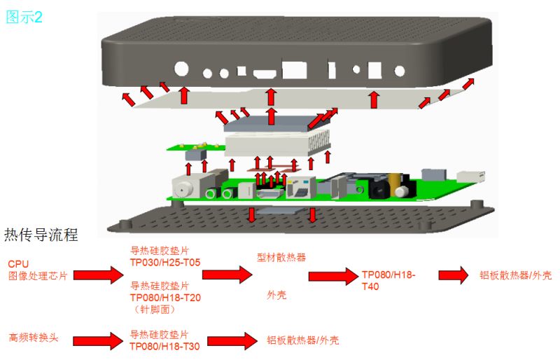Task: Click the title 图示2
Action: (24, 18)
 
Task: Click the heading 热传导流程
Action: (41, 235)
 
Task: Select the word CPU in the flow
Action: (18, 263)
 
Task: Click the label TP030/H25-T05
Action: (165, 263)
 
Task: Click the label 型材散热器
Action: (281, 257)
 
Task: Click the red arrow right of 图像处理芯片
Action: (99, 274)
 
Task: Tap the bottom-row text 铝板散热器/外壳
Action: (302, 340)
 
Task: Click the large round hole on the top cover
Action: (181, 69)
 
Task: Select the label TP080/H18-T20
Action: (165, 297)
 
